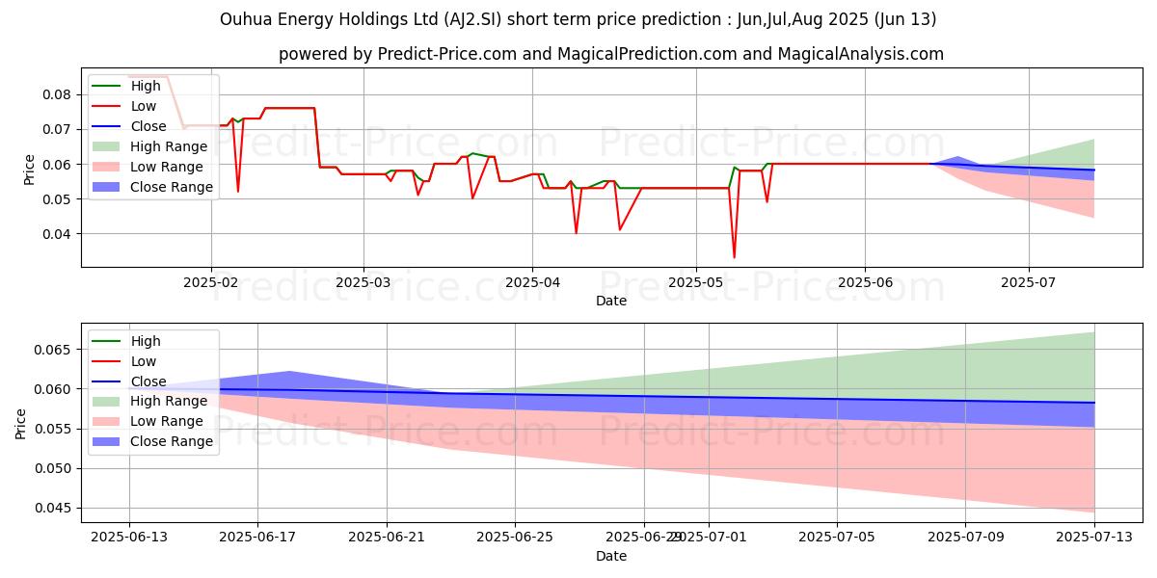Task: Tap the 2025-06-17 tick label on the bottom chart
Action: tap(257, 538)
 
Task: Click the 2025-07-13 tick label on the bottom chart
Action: tap(1094, 538)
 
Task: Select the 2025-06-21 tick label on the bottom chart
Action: tap(387, 538)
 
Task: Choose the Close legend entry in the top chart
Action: tap(148, 126)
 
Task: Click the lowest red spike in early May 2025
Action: tap(734, 257)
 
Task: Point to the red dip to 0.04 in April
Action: tap(577, 233)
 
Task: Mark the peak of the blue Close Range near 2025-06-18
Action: tap(289, 372)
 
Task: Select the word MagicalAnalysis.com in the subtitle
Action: tap(865, 54)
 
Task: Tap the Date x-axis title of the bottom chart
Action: tap(611, 556)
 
